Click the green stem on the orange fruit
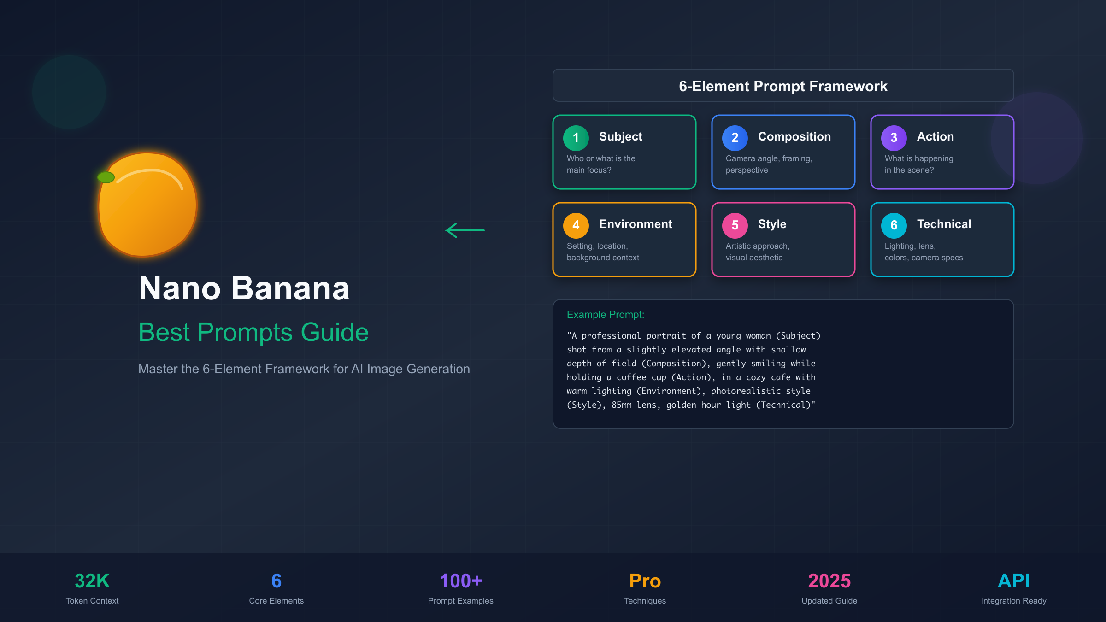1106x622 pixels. tap(106, 177)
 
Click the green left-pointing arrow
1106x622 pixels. tap(465, 230)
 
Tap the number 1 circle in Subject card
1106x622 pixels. tap(576, 138)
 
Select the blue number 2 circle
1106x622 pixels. tap(735, 138)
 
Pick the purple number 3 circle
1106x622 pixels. tap(894, 138)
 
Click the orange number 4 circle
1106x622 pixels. tap(576, 225)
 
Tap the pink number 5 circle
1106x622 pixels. tap(735, 225)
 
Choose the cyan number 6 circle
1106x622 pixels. tap(894, 225)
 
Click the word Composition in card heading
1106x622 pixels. tap(794, 137)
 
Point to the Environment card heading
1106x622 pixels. tap(635, 224)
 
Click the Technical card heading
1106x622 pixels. tap(944, 224)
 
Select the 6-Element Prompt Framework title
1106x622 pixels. tap(783, 86)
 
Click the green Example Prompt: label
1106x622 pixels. tap(605, 315)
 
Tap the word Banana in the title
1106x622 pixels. tap(290, 289)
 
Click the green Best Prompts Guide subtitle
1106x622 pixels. tap(253, 332)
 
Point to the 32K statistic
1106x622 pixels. tap(92, 581)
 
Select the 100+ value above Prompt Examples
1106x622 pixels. tap(460, 581)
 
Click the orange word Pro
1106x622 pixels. tap(645, 581)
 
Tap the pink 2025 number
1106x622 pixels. tap(829, 581)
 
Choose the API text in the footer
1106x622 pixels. tap(1013, 581)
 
